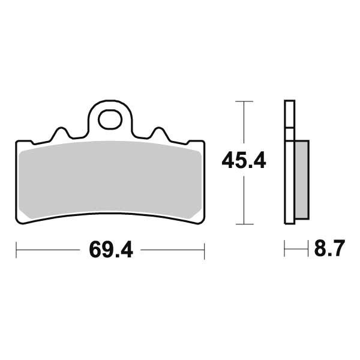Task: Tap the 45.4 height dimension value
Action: (244, 161)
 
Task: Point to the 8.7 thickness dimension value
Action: (329, 248)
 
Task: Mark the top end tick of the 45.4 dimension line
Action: (243, 102)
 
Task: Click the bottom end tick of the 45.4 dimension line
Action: (243, 224)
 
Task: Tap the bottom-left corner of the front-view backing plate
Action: (19, 223)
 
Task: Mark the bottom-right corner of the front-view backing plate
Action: (202, 223)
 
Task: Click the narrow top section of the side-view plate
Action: (289, 114)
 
